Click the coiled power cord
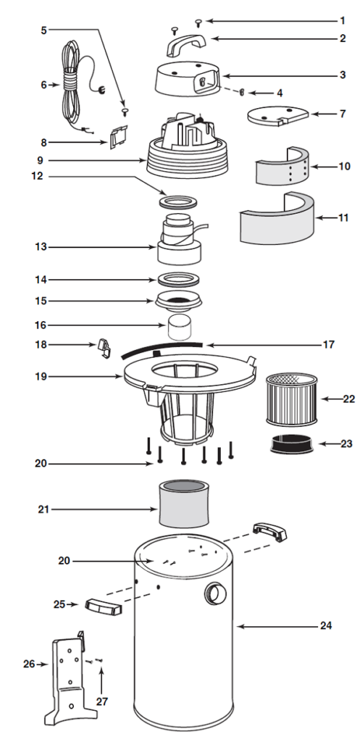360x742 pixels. (72, 80)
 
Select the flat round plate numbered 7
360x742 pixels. (277, 116)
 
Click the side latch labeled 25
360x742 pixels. (104, 606)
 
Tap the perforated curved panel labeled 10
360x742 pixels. (283, 169)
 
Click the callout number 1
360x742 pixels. (343, 20)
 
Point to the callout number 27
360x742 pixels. (101, 701)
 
